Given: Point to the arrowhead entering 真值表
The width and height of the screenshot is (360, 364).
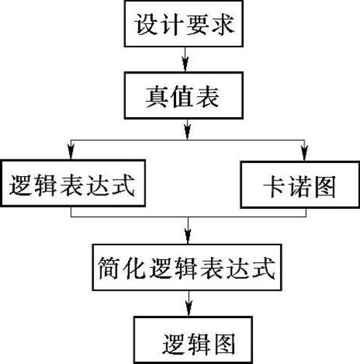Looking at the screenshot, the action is [185, 64].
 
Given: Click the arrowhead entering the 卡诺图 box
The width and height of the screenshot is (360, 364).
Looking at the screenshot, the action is [305, 154].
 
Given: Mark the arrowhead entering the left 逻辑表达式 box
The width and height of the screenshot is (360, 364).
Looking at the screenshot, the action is [71, 152].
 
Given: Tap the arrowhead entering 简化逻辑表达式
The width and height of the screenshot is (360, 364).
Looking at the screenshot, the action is [188, 237].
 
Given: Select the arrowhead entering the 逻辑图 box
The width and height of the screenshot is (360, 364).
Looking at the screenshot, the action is [189, 309].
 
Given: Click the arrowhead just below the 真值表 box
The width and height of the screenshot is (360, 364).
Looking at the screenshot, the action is [187, 132].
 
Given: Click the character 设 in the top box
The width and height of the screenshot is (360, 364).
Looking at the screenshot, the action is [147, 24].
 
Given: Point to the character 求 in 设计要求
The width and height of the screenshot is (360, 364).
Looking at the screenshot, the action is [223, 24].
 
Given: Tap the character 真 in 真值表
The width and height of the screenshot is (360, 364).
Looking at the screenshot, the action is [156, 97].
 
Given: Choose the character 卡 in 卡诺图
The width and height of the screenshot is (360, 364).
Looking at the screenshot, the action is [274, 186].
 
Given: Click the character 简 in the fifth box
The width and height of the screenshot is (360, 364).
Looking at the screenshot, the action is [109, 268].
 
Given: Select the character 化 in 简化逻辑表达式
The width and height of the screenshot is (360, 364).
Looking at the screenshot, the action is [135, 268].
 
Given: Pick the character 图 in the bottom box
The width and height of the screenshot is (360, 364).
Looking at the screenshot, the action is [224, 344].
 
